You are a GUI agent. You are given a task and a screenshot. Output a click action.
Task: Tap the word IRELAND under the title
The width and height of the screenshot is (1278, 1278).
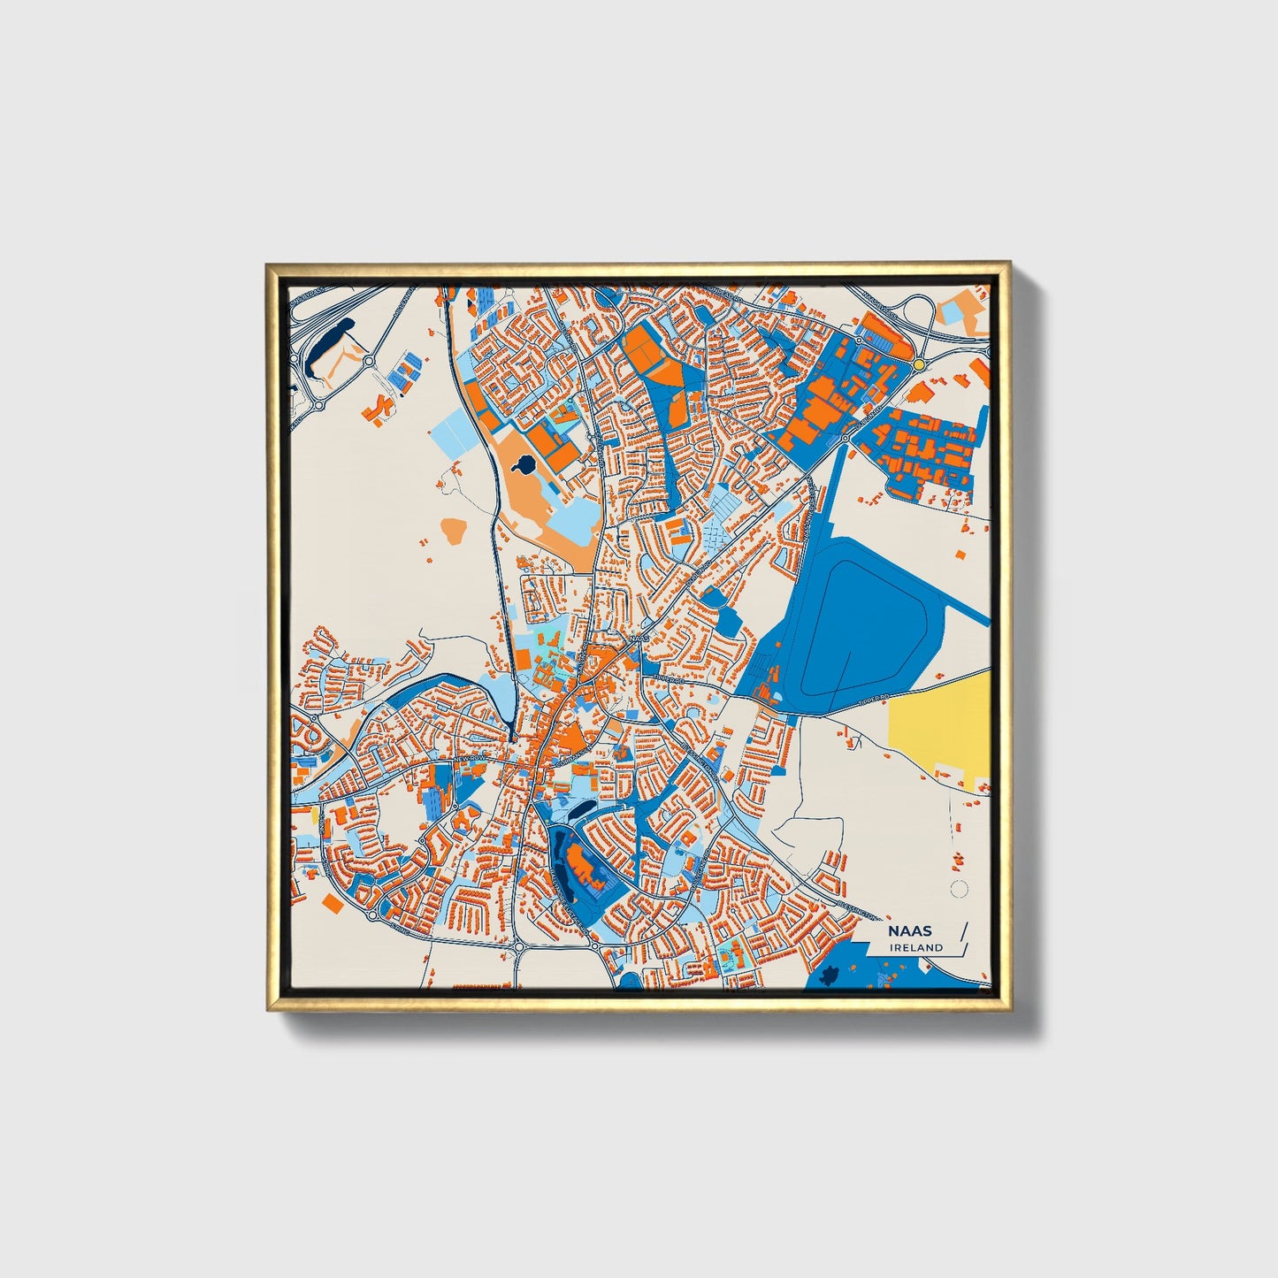click(917, 947)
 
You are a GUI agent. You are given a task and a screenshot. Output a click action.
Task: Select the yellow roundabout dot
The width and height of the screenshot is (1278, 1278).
click(920, 364)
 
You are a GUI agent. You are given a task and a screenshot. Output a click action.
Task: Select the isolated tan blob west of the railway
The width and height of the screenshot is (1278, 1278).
click(454, 531)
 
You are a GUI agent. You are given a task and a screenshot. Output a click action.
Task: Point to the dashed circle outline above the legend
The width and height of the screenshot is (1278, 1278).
click(958, 889)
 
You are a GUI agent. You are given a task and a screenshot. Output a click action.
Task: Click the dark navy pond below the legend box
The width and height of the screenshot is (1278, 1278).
click(830, 976)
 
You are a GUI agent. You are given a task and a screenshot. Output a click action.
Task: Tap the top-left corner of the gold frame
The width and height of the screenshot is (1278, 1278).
click(270, 266)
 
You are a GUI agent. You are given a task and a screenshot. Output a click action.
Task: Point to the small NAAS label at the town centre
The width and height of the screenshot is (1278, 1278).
click(639, 636)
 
